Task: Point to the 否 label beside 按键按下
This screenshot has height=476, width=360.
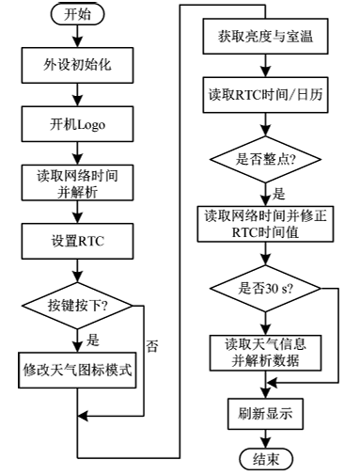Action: (153, 345)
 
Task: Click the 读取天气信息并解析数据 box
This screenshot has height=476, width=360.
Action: (267, 350)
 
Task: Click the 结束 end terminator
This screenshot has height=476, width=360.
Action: (267, 458)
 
